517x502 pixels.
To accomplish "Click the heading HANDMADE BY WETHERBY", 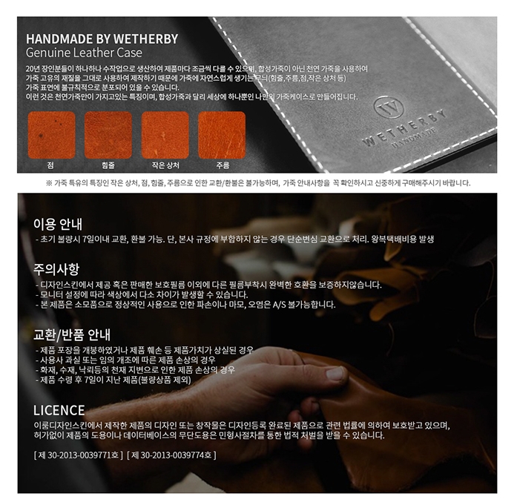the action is (x=102, y=39).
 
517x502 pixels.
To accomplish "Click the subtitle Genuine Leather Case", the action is (x=84, y=53).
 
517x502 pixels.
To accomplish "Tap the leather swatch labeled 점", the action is (x=51, y=135).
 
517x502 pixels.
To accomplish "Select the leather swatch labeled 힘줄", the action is (x=108, y=135).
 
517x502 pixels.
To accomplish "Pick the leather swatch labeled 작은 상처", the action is (x=165, y=135).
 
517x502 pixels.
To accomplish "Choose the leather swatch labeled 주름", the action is (x=222, y=135).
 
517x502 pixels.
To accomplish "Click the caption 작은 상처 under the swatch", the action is (x=165, y=165).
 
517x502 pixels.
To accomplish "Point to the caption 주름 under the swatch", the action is (x=223, y=165).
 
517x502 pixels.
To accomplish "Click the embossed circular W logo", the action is (x=389, y=108).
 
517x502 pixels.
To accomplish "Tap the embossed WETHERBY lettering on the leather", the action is (x=405, y=128).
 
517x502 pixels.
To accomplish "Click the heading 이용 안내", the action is (x=57, y=224).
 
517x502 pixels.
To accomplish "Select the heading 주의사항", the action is (x=56, y=269).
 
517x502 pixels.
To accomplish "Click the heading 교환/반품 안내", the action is (x=72, y=335).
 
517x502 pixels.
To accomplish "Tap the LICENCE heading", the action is (x=59, y=410).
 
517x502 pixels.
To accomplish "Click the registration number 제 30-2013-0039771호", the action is (x=78, y=455).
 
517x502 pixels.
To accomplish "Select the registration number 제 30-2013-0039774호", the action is (x=171, y=455).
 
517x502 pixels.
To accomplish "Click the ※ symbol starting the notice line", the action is (x=49, y=183).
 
